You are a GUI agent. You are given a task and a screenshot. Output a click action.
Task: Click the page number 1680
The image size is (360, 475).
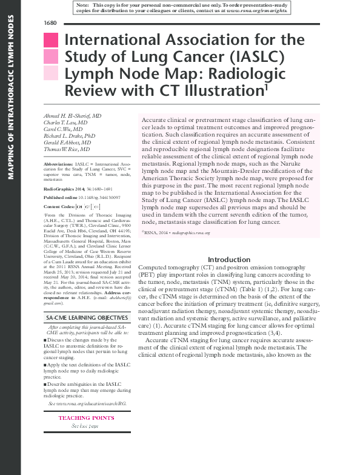coord(50,22)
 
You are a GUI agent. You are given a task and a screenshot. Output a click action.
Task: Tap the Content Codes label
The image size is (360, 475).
coord(62,207)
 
